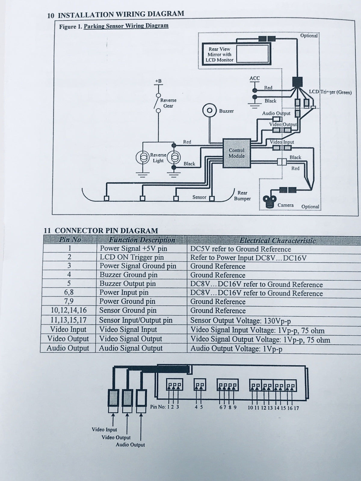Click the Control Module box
(236, 153)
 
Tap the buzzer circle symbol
(210, 111)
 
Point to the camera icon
(269, 201)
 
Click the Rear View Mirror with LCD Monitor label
(220, 54)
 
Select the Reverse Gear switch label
(168, 103)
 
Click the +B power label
(158, 81)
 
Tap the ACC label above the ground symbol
(255, 78)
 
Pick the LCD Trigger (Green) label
(330, 92)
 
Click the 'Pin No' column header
(70, 240)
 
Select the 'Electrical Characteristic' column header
(277, 240)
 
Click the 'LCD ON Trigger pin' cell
(132, 257)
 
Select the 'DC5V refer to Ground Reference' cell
(240, 249)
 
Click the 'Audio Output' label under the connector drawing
(130, 445)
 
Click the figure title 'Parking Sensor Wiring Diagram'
(126, 26)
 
